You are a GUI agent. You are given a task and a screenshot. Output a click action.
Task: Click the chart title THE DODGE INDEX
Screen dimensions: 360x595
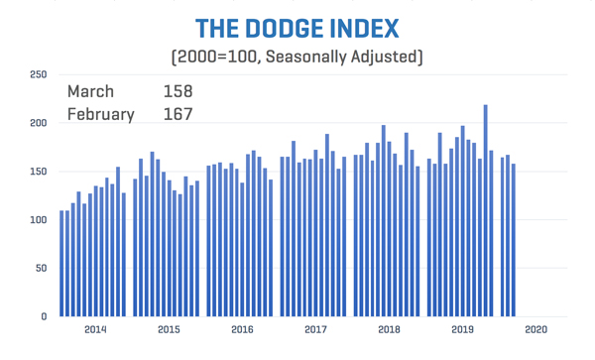[297, 27]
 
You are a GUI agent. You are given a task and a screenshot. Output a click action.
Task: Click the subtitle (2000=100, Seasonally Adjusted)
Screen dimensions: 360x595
[297, 57]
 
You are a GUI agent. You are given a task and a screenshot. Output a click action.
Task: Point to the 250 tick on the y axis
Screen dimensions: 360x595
[37, 74]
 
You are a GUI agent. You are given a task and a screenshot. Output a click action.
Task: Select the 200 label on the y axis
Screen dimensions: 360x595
[37, 123]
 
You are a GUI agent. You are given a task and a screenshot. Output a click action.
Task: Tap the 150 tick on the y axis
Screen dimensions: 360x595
[37, 172]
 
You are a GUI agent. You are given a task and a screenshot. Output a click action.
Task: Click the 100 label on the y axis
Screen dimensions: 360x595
[37, 220]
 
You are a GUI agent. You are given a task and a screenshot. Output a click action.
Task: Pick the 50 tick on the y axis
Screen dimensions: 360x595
[40, 269]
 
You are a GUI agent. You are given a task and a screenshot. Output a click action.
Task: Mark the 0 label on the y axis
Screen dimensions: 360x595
[43, 317]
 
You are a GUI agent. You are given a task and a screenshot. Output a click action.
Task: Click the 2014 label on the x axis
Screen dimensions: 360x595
[95, 329]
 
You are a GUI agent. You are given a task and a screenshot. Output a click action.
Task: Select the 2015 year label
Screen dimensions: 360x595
[169, 329]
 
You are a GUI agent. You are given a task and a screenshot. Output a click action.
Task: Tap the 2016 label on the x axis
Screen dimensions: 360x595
[242, 329]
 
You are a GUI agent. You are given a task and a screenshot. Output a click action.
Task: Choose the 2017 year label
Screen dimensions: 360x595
[315, 329]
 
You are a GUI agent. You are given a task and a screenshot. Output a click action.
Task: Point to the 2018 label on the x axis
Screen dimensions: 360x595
[389, 329]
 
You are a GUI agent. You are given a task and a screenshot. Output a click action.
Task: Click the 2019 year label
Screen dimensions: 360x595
[462, 329]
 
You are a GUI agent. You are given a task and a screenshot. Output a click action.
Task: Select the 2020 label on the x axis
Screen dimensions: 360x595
[535, 329]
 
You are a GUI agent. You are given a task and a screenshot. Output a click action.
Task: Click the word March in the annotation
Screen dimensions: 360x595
[90, 92]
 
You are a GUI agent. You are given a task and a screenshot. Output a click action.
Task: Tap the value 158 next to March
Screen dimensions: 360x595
[178, 92]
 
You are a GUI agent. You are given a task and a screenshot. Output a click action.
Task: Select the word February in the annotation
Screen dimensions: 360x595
[100, 114]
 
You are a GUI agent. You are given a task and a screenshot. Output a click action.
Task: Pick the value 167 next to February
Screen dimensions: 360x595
[178, 114]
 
